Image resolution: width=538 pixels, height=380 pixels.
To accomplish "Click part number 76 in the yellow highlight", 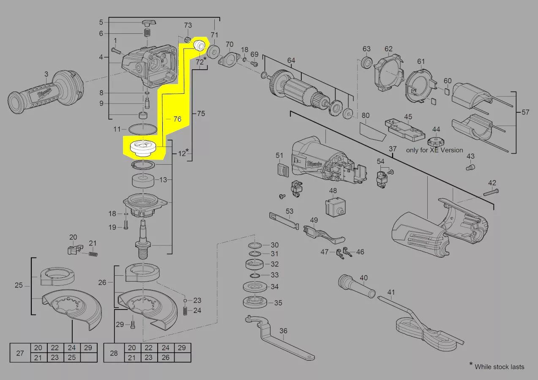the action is (177, 119).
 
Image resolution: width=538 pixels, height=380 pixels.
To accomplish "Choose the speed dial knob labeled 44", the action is (436, 142).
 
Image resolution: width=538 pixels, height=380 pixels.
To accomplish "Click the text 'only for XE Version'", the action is (434, 150).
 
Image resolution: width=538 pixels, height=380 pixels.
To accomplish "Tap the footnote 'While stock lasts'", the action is (500, 367).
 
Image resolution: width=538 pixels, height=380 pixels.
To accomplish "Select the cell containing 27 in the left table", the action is (20, 353).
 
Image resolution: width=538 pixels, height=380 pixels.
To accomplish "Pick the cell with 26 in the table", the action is (166, 358).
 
